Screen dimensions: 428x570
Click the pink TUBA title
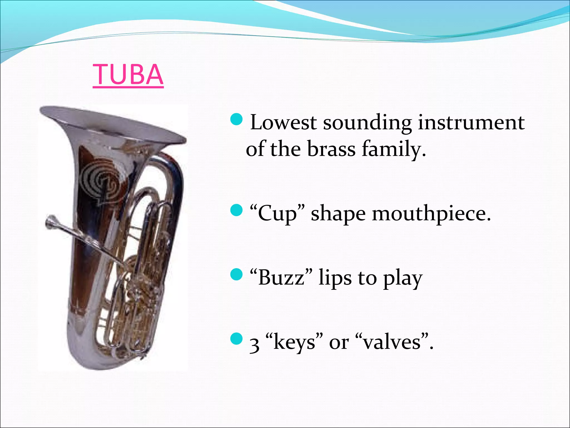(x=128, y=75)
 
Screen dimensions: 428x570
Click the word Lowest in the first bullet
(x=283, y=123)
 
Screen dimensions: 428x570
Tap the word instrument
(x=471, y=123)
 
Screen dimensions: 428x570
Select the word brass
(x=331, y=149)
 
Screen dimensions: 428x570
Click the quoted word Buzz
(x=281, y=278)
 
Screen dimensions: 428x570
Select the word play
(x=403, y=278)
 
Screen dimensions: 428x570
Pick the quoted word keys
(x=295, y=342)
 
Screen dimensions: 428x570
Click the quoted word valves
(x=392, y=342)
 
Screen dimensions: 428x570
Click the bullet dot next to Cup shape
(x=237, y=210)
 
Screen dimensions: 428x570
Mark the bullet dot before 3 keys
(x=237, y=339)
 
